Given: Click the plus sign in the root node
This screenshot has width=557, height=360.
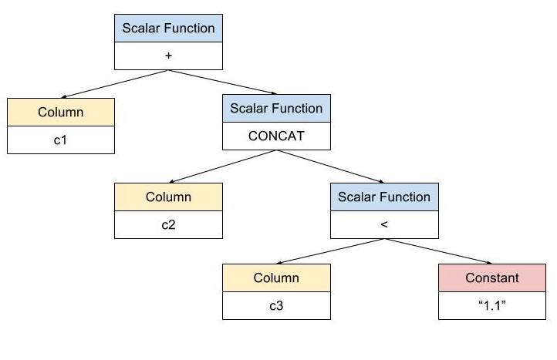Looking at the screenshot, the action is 168,56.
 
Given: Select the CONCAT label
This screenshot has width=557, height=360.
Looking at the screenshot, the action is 276,136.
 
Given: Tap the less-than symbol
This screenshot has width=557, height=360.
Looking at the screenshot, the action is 384,224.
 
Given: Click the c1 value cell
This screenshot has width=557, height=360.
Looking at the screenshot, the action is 61,140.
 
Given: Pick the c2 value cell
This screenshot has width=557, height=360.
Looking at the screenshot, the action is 168,225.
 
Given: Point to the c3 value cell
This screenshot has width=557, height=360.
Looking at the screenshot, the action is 276,306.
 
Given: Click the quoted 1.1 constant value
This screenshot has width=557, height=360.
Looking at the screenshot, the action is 492,305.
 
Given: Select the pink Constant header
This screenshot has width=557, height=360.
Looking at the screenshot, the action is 492,278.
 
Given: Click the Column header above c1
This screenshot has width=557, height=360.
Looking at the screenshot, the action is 61,113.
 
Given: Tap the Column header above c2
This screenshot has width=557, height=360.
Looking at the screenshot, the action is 168,197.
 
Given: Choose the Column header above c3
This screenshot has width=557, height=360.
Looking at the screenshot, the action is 276,278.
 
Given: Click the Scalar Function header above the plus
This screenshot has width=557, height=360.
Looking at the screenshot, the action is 168,28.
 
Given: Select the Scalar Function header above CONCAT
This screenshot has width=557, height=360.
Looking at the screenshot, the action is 276,108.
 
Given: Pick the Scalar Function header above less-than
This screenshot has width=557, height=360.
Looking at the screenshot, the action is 384,197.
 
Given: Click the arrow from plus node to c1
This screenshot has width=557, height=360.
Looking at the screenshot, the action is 114,84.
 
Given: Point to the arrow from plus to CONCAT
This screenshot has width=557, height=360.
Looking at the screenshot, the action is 222,82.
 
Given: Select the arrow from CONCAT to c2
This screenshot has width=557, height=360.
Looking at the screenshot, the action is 223,167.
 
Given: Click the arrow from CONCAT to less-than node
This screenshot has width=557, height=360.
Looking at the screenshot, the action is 330,167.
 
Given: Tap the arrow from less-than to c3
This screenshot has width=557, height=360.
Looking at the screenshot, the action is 330,251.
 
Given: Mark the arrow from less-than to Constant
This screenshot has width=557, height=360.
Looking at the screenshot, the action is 438,251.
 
